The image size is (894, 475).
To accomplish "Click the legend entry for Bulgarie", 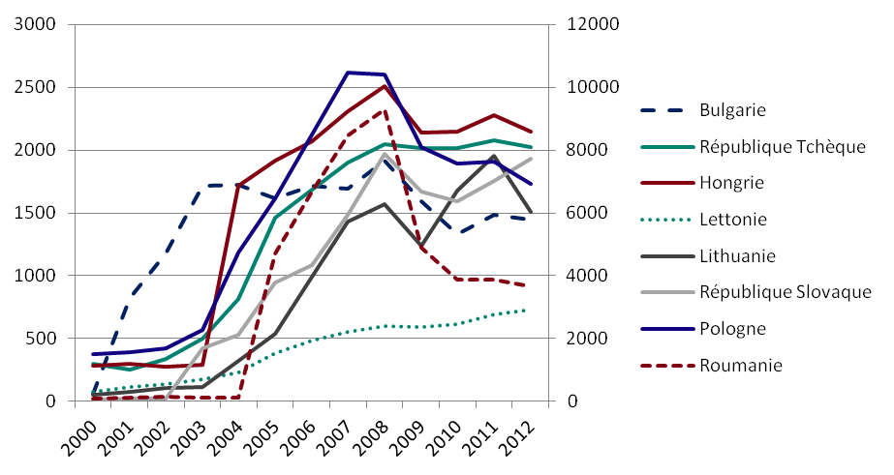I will pos(732,109).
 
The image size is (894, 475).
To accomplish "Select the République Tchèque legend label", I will pos(782,146).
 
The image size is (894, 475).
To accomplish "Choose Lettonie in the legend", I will pos(733,219).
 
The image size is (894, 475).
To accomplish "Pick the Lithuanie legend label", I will pos(737,255).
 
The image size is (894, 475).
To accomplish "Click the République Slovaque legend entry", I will pos(786,291).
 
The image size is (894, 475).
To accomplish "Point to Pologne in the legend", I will pos(732,328).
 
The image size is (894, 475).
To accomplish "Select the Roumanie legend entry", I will pos(740,365).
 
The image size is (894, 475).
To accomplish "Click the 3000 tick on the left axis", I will pos(36,24).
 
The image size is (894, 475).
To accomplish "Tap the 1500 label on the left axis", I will pos(36,213).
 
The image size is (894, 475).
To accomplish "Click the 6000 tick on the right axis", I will pos(580,213).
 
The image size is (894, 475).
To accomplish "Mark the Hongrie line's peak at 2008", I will pos(385,86).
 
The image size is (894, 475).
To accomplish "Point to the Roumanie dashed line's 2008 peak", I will pos(385,110).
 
